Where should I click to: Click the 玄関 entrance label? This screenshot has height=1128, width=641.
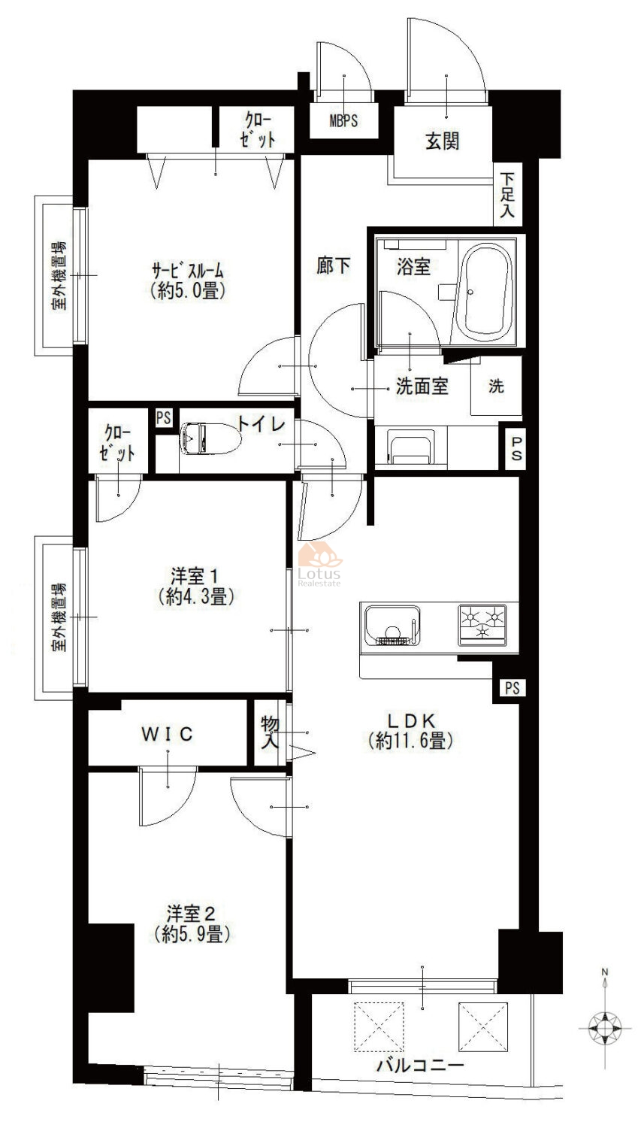click(x=442, y=141)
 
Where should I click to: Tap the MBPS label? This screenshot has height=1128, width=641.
click(x=344, y=121)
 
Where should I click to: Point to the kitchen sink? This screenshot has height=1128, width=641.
click(x=392, y=625)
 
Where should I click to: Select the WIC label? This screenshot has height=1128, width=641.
click(x=168, y=733)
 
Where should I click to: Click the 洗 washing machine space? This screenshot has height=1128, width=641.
click(x=496, y=387)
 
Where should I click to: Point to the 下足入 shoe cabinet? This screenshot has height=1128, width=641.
click(x=509, y=195)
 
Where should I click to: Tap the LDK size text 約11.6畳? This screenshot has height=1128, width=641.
click(x=411, y=741)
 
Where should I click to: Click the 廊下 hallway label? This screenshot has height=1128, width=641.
click(x=334, y=265)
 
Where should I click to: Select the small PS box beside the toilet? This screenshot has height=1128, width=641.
click(x=163, y=418)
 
